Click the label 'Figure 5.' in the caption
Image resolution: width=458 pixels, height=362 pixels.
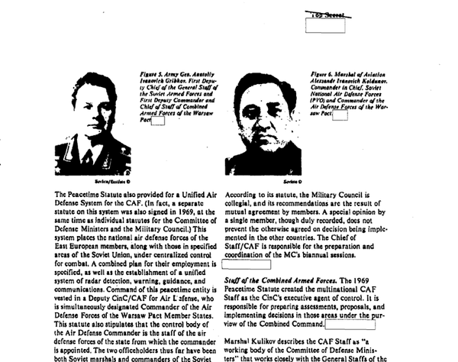point(152,75)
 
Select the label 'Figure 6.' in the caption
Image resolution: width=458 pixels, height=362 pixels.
point(324,75)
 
